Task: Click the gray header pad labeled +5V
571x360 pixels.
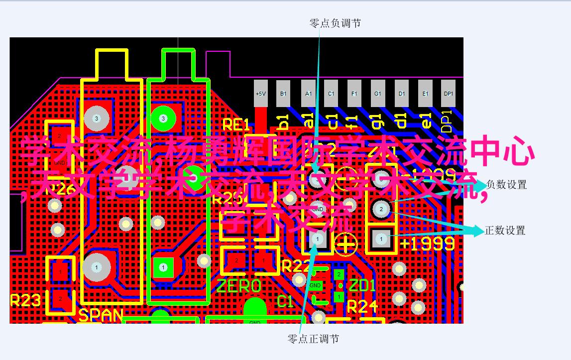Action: click(260, 93)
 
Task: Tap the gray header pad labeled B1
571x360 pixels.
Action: click(283, 93)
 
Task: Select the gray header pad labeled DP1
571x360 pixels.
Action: click(449, 93)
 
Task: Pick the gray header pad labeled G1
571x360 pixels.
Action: click(378, 93)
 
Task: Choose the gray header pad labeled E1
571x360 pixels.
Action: click(425, 93)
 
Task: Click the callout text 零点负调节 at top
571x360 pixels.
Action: click(335, 23)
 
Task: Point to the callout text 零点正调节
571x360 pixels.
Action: click(313, 339)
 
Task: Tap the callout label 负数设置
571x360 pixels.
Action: click(506, 185)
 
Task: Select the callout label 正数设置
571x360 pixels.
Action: click(505, 231)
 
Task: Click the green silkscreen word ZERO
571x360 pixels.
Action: click(238, 286)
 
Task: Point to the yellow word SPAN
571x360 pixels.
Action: click(101, 315)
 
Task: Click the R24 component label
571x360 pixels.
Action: click(362, 307)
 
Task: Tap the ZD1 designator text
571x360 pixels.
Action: click(361, 286)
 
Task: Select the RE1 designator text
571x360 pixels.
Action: click(235, 124)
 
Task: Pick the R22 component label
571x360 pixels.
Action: click(295, 266)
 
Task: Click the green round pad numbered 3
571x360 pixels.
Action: click(163, 118)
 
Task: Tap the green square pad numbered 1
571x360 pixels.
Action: click(163, 267)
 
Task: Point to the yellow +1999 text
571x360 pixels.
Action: click(427, 243)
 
